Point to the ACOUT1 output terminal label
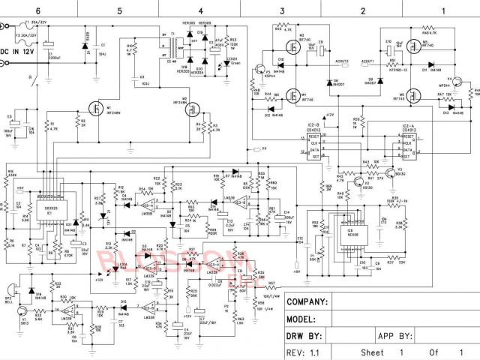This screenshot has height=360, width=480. tap(368, 62)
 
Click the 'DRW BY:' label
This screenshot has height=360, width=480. tap(304, 335)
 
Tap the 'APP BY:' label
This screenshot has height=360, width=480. tap(396, 335)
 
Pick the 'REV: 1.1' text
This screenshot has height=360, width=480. tap(304, 352)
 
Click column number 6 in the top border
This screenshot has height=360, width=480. tap(38, 10)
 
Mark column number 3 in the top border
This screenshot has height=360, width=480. tap(281, 10)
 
